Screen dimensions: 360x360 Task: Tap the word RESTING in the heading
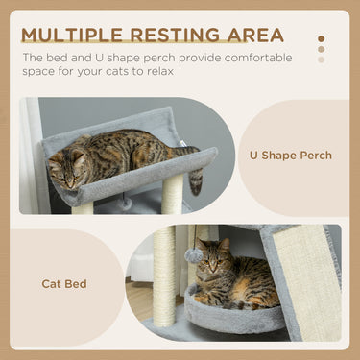[160, 36]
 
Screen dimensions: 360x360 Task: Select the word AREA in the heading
[251, 36]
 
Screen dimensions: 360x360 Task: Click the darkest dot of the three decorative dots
[321, 39]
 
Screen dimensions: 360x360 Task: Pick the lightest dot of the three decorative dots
[321, 60]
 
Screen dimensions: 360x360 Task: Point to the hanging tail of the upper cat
[197, 180]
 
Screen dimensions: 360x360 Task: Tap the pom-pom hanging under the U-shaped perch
[126, 204]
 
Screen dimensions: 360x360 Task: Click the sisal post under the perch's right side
[173, 195]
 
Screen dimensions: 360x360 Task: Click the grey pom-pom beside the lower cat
[194, 256]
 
